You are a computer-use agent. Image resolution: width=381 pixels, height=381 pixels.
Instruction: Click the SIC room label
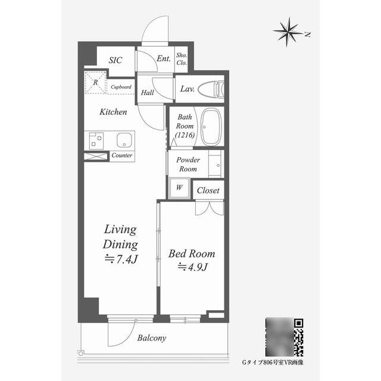pos(115,60)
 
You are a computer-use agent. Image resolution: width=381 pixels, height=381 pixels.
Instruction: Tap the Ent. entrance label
pos(164,58)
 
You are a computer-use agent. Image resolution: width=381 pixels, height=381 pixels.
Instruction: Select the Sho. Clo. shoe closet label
pos(182,59)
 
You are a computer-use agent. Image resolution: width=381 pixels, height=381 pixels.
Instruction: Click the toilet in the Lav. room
pos(211,89)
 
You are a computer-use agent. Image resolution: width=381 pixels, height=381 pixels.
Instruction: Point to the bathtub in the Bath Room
pos(211,127)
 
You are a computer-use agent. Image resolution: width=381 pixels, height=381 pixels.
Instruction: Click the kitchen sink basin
pos(124,140)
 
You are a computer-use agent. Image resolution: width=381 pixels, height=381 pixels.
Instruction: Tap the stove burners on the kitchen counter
pos(96,141)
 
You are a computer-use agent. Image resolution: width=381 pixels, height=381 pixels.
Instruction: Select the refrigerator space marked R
pos(95,82)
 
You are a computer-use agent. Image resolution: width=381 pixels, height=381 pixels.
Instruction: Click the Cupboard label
pos(121,87)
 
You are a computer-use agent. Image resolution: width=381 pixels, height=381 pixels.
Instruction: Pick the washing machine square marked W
pos(179,188)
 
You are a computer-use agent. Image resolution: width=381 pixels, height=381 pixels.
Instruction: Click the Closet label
pos(208,190)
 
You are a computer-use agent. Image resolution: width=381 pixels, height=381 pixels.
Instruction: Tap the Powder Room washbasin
pos(216,164)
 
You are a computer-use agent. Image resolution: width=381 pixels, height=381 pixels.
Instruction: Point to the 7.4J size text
pos(121,260)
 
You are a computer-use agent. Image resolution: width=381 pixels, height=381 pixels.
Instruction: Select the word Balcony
pos(152,338)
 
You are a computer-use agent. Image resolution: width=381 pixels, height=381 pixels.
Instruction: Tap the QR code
pos(299,338)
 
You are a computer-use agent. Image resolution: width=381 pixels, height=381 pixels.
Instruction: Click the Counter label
pos(121,155)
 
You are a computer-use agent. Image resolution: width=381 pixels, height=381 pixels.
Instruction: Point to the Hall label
pos(147,92)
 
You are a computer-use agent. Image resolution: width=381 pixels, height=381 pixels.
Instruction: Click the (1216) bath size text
pos(185,135)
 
